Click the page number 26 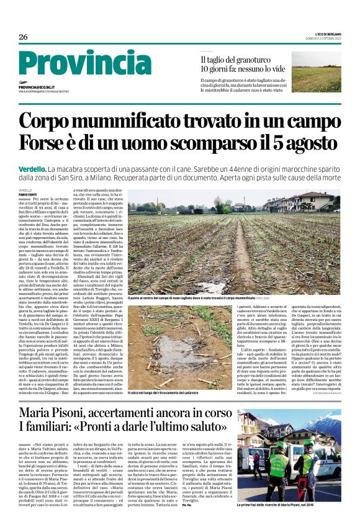[x=23, y=37]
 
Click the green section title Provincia [x=76, y=65]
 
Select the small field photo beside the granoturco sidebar [x=316, y=72]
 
